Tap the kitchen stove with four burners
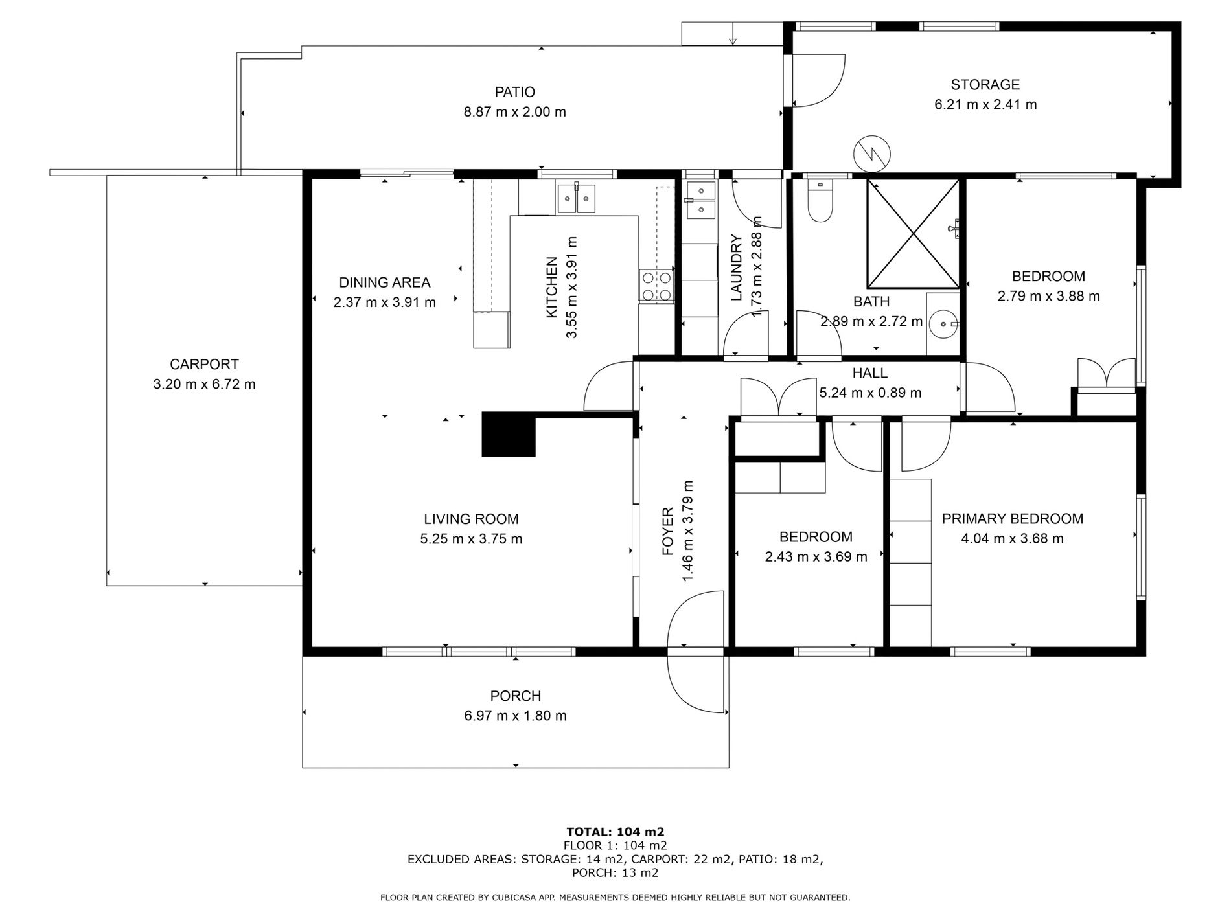656,286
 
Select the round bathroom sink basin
942,322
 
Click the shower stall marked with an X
913,233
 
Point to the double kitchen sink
576,197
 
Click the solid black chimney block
509,435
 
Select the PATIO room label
515,92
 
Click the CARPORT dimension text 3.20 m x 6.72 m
205,384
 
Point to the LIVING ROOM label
471,519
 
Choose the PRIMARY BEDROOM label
1013,519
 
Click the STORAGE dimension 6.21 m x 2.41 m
985,104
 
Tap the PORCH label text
516,696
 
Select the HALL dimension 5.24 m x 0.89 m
870,393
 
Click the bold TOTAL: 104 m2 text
615,832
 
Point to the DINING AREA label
385,282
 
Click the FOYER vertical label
668,532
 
